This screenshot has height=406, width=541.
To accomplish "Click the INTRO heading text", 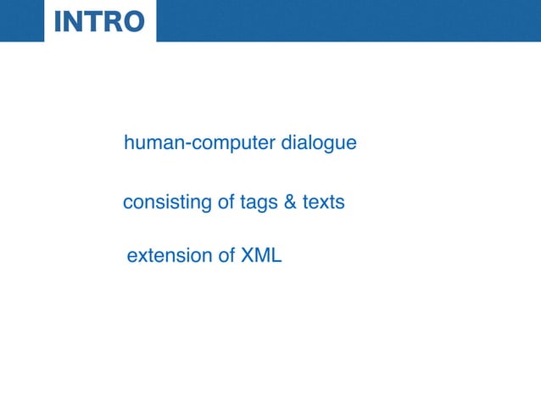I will pos(99,21).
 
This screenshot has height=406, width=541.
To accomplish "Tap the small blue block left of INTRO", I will pos(22,20).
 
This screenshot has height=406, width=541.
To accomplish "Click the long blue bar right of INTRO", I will pos(348,20).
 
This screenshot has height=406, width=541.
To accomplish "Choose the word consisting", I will pos(156,203).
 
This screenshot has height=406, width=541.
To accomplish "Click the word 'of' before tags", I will pos(203,203).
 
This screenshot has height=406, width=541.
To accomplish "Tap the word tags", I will pos(233,204).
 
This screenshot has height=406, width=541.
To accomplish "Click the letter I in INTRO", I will pos(58,21).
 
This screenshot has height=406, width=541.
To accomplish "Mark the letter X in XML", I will pos(248,255).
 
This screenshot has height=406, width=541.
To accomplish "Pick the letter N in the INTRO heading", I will pos(71,21).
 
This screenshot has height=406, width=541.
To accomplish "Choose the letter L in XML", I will pos(276,255).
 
